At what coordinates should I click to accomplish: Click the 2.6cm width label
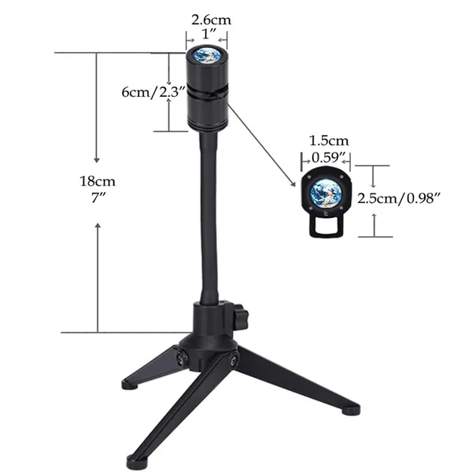212,20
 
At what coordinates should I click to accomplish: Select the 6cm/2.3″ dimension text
153,92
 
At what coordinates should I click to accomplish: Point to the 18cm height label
98,181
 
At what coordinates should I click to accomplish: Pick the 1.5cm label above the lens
329,141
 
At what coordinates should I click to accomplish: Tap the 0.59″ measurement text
328,157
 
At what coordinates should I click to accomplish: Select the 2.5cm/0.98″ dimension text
399,198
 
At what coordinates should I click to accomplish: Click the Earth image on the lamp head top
207,55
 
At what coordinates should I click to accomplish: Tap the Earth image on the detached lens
326,194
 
